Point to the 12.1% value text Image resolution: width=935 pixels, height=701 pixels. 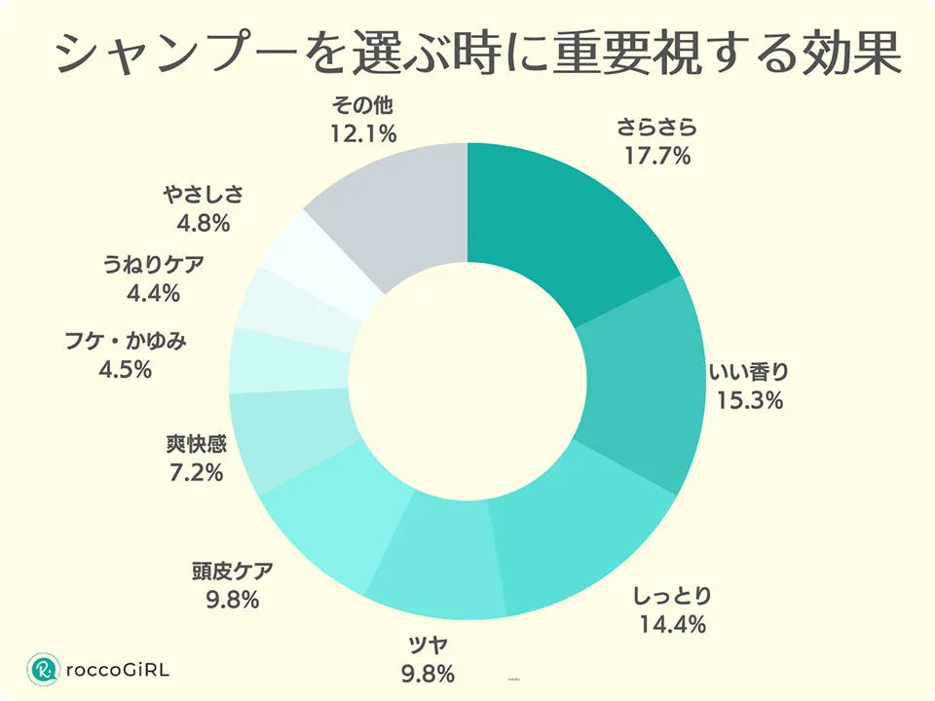click(x=361, y=134)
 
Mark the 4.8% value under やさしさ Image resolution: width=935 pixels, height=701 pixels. click(x=203, y=223)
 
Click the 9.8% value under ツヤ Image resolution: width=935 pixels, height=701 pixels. click(x=428, y=672)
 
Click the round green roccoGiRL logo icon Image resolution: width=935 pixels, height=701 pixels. click(x=43, y=669)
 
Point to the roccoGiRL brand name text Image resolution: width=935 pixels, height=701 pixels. click(x=117, y=670)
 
